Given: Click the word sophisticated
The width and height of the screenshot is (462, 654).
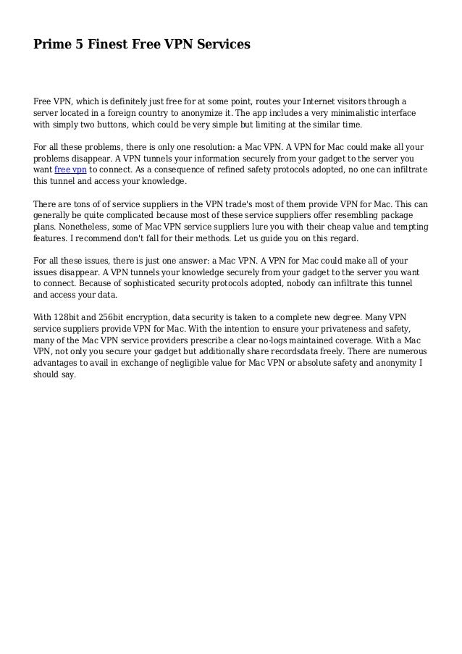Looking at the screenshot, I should [x=172, y=283].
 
